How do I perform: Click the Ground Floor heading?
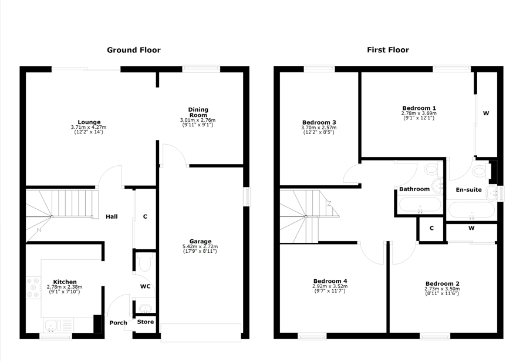pyautogui.click(x=134, y=50)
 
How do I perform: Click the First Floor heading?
pyautogui.click(x=388, y=50)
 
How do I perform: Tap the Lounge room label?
pyautogui.click(x=89, y=122)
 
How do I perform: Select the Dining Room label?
pyautogui.click(x=198, y=112)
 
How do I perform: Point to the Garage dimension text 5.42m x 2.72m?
pyautogui.click(x=200, y=246)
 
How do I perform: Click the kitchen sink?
pyautogui.click(x=52, y=326)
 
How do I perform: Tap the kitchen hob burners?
pyautogui.click(x=33, y=287)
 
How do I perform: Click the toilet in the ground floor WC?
pyautogui.click(x=145, y=262)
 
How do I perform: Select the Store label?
pyautogui.click(x=146, y=322)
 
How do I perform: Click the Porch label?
pyautogui.click(x=118, y=323)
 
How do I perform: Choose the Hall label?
pyautogui.click(x=112, y=217)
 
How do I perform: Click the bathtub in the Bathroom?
pyautogui.click(x=420, y=205)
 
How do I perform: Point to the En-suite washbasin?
pyautogui.click(x=492, y=193)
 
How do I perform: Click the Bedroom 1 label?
pyautogui.click(x=419, y=108)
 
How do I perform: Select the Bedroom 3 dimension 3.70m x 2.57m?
pyautogui.click(x=319, y=128)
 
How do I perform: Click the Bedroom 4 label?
pyautogui.click(x=330, y=281)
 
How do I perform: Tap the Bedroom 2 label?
pyautogui.click(x=442, y=284)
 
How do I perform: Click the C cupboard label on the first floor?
pyautogui.click(x=431, y=229)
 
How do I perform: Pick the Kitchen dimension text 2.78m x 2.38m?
pyautogui.click(x=65, y=287)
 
